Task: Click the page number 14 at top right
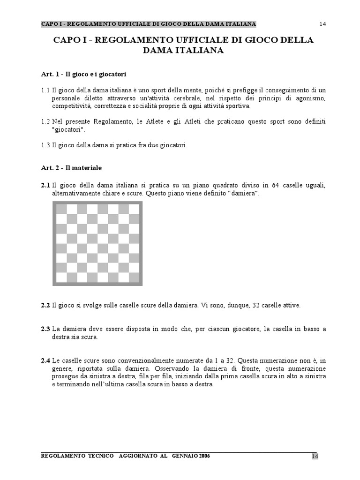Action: tap(322, 24)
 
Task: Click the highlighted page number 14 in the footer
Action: tap(315, 457)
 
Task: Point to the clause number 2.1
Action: tap(45, 186)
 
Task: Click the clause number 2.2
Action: tap(45, 305)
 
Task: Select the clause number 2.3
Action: tap(45, 329)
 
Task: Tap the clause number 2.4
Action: tap(45, 361)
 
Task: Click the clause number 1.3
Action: tap(45, 145)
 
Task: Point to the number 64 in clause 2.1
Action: tap(275, 186)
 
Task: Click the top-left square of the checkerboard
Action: tap(61, 209)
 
